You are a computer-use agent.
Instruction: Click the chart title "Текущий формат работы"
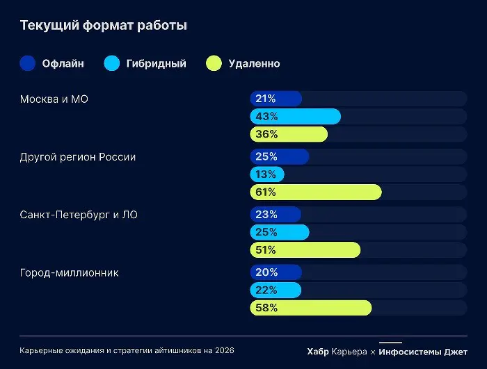(103, 26)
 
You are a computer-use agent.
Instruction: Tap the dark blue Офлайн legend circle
(28, 63)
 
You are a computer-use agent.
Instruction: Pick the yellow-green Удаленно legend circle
(214, 63)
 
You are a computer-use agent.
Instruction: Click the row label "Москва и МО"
(54, 99)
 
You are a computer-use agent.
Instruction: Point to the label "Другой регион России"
(78, 156)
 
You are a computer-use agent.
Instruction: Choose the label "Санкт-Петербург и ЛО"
(79, 215)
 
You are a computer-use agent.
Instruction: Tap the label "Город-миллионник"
(70, 272)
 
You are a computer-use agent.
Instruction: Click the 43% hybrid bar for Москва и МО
(296, 117)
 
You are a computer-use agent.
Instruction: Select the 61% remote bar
(316, 192)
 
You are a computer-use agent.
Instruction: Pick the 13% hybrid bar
(267, 174)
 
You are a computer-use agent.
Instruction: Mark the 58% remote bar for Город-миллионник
(311, 308)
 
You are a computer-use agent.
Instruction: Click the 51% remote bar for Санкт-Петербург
(305, 250)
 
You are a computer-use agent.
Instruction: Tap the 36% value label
(266, 134)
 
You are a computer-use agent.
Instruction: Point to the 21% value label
(266, 99)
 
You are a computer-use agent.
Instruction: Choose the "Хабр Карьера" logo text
(337, 352)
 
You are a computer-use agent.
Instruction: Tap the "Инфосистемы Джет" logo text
(423, 352)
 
